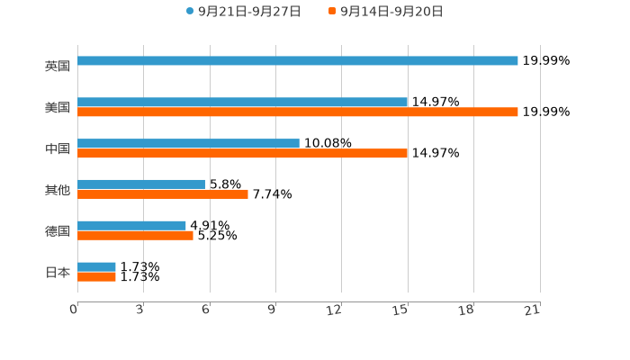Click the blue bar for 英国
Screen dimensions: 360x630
(298, 61)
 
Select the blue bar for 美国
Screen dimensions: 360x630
(243, 103)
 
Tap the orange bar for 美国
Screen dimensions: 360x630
(298, 112)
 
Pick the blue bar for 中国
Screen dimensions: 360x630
(189, 144)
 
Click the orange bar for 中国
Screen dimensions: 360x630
(243, 154)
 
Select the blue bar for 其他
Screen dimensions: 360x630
(141, 184)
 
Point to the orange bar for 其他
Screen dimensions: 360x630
(163, 194)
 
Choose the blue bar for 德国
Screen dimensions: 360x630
(132, 226)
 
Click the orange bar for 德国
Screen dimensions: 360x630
(136, 236)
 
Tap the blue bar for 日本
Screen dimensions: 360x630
(97, 266)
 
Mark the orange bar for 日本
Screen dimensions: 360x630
(97, 276)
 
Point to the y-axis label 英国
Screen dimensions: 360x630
(58, 66)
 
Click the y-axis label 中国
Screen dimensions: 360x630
(58, 148)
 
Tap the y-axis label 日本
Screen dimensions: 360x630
(58, 272)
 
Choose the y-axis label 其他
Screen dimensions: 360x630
(58, 190)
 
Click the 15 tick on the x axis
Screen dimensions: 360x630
(400, 310)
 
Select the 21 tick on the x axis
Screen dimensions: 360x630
(532, 310)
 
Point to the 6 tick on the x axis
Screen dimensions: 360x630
(206, 310)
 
